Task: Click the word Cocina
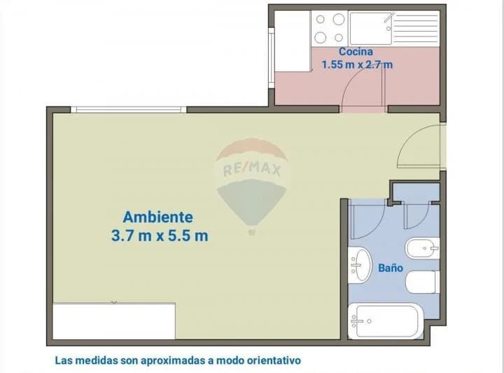click(356, 52)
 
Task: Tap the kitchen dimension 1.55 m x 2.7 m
click(356, 65)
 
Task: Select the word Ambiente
click(157, 217)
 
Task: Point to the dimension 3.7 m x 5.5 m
click(160, 236)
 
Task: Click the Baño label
click(390, 267)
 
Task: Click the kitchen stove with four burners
click(329, 28)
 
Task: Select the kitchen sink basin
click(371, 28)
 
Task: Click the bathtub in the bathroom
click(385, 321)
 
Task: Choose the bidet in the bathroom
click(421, 247)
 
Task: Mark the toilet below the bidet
click(422, 282)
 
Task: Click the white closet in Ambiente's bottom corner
click(114, 320)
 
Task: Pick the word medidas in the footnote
click(95, 360)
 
